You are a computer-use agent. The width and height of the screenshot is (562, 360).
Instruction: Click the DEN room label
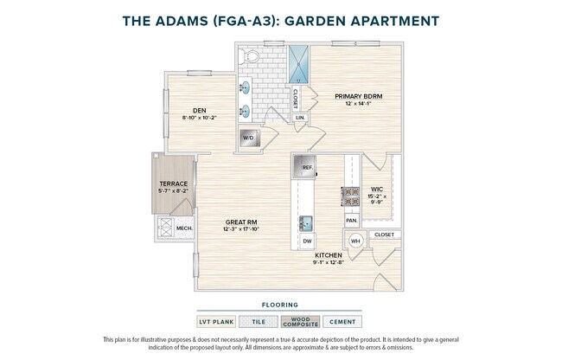[x=200, y=110]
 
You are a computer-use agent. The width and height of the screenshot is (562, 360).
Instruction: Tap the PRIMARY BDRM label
[x=359, y=97]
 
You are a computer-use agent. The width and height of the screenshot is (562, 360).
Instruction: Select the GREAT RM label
[x=240, y=222]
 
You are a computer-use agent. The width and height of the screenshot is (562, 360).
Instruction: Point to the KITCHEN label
[x=328, y=256]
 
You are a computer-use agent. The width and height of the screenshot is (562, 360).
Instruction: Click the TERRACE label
[x=174, y=183]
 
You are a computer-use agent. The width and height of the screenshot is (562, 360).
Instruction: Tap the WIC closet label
[x=377, y=189]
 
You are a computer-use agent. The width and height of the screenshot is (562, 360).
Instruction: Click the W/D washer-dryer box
[x=248, y=138]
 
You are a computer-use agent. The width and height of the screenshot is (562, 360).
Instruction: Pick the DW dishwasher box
[x=307, y=240]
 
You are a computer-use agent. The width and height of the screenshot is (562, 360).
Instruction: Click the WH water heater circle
[x=355, y=241]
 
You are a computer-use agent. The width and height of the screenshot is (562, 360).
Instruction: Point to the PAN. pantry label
[x=352, y=221]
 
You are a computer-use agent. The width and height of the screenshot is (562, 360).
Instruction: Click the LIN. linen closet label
[x=300, y=118]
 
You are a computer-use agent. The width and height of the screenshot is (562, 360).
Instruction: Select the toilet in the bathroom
[x=252, y=57]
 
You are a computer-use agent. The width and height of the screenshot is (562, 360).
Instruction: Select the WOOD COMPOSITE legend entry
[x=300, y=321]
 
